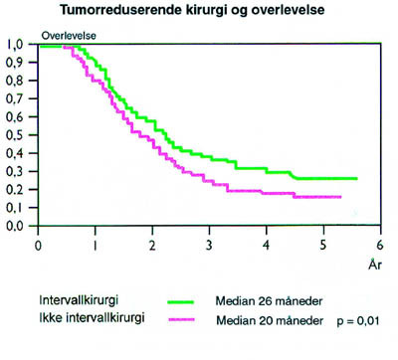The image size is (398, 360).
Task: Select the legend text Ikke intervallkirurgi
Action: [74, 321]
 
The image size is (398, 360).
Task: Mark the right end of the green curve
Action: [356, 179]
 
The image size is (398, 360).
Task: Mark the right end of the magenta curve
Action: [340, 197]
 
